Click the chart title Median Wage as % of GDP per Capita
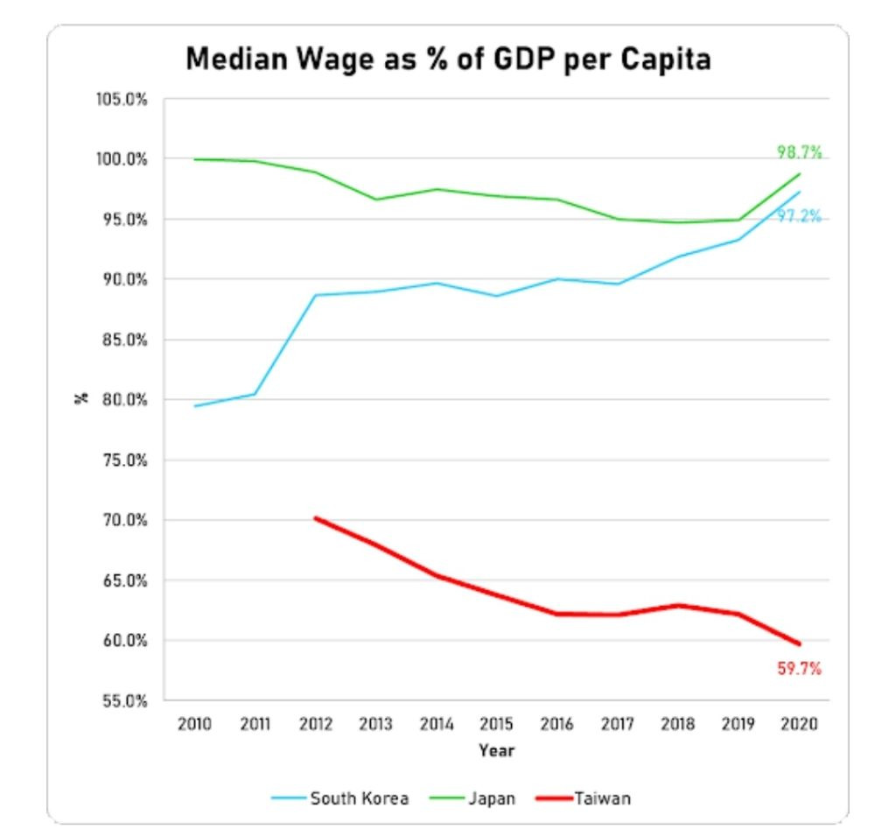click(448, 60)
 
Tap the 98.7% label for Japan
click(799, 152)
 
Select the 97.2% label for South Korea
click(799, 216)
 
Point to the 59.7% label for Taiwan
click(799, 669)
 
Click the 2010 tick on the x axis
click(194, 724)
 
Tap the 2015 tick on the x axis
click(496, 724)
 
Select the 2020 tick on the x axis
click(799, 724)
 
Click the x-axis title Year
click(496, 750)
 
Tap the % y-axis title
click(81, 399)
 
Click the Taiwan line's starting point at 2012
click(315, 518)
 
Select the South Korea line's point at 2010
click(194, 406)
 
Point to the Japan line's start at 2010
click(194, 159)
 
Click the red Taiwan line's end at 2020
click(799, 644)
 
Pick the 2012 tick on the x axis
click(315, 724)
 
